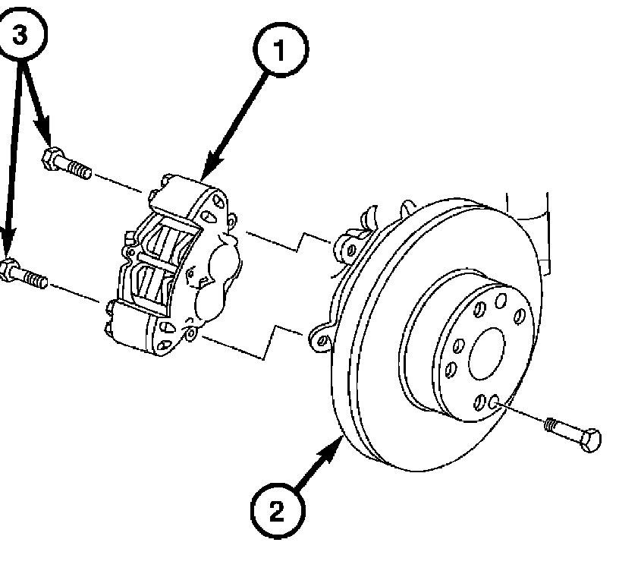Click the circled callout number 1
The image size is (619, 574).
(281, 52)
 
